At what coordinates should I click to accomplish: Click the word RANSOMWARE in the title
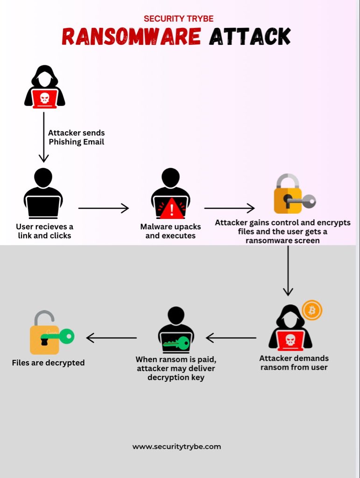131,37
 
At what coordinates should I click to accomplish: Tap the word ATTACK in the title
250,37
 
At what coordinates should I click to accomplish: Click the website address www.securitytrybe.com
176,446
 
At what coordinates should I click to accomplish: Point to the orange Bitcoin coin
312,310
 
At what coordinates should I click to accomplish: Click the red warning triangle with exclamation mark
170,208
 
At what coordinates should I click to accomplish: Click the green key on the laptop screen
176,344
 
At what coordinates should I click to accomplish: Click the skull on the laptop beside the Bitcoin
290,340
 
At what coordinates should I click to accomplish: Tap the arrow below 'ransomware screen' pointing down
288,271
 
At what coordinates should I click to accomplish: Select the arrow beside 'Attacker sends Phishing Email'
43,138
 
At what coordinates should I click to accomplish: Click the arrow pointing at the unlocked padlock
112,337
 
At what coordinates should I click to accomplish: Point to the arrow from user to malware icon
103,208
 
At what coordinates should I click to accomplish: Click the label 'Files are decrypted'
48,362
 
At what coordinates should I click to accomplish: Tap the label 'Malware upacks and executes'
170,231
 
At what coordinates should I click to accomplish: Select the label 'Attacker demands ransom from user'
294,363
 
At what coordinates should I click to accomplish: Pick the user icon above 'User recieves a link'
43,193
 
